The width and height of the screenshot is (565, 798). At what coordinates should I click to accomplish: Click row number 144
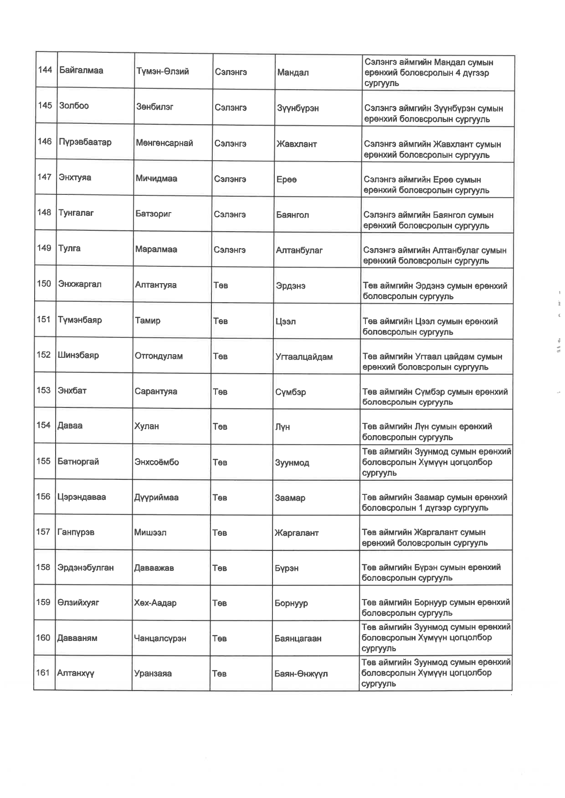click(45, 70)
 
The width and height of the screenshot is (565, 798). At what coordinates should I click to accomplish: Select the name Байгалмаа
click(81, 71)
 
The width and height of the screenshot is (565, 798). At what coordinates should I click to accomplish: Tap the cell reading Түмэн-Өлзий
click(162, 71)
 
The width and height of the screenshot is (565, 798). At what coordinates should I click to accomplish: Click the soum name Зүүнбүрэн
click(298, 108)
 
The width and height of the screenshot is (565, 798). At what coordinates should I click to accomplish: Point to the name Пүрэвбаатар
click(85, 142)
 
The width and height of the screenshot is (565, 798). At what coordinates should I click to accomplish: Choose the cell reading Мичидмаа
click(156, 178)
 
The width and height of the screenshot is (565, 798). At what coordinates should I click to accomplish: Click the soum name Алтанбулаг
click(299, 250)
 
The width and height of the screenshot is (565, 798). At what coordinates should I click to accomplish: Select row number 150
click(44, 284)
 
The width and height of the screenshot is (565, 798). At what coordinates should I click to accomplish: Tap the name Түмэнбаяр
click(80, 320)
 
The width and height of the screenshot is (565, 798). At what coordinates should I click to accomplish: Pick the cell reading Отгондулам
click(159, 356)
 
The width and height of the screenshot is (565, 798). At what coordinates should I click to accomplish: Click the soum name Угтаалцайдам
click(304, 357)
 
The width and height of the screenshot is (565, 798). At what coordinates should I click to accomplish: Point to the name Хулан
click(146, 427)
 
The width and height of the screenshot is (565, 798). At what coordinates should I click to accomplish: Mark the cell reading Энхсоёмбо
click(156, 462)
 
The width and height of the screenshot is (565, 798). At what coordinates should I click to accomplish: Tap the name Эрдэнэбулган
click(85, 568)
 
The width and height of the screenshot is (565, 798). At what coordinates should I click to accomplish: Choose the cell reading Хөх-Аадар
click(155, 603)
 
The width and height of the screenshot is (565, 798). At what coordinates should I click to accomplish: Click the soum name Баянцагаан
click(298, 639)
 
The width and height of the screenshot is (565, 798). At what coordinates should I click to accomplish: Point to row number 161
click(43, 672)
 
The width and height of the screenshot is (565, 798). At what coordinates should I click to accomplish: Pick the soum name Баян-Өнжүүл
click(301, 674)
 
